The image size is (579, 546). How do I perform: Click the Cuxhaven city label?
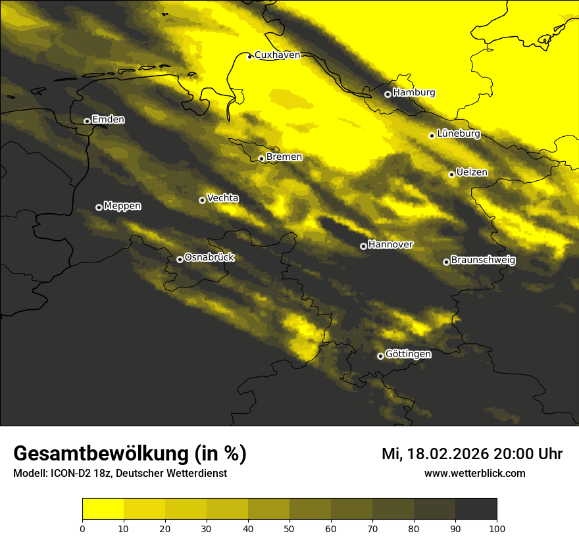[277, 55]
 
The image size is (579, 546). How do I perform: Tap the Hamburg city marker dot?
[388, 94]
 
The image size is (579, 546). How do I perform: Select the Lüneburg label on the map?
[459, 134]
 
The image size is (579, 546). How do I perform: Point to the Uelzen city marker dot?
[451, 174]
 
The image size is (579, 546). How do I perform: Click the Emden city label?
[108, 120]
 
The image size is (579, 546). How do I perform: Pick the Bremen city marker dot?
[261, 159]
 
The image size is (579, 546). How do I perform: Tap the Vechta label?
[222, 198]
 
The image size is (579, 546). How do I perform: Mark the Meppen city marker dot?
[99, 207]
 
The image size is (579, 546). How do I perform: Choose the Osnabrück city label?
[209, 257]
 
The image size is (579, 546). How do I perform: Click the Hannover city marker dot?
[363, 246]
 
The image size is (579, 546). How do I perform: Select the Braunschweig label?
[483, 260]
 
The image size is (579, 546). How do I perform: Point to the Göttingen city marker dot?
[380, 356]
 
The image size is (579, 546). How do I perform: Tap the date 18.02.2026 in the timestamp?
[447, 454]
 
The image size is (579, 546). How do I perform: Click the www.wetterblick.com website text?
[474, 473]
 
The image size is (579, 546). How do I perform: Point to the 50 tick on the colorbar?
[289, 528]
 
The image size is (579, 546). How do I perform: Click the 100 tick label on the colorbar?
[497, 528]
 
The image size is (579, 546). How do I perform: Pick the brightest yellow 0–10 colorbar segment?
[103, 509]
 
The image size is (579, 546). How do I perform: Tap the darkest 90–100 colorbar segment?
[476, 509]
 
